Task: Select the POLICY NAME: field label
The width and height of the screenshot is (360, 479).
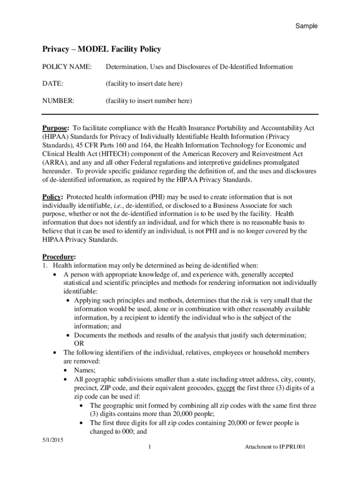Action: click(65, 67)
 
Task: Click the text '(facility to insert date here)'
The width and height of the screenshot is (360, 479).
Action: click(144, 84)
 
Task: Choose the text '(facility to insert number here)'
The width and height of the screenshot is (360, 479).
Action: click(149, 101)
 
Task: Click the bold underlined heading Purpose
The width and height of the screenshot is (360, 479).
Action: click(56, 128)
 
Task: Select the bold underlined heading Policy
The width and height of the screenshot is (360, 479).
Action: click(52, 197)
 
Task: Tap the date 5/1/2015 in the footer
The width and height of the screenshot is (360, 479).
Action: click(53, 440)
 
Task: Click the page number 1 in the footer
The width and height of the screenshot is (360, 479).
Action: click(148, 447)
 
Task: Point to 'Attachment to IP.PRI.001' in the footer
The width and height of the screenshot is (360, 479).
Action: click(275, 447)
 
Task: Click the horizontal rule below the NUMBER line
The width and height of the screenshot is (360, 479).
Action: click(180, 114)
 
